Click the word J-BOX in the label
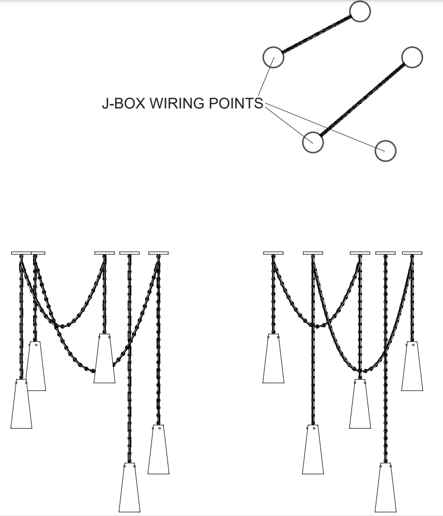tap(124, 103)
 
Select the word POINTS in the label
tap(236, 103)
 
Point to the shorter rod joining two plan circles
tap(316, 35)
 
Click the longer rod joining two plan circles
tap(363, 100)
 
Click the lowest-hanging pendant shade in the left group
tap(129, 488)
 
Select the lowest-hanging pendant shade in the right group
tap(385, 488)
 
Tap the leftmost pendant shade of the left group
tap(21, 404)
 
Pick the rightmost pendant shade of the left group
tap(158, 449)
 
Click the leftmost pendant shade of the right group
tap(273, 358)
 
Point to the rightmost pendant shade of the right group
tap(412, 366)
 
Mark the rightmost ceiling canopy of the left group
tap(158, 253)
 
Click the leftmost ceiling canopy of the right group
tap(273, 253)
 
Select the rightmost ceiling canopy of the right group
tap(412, 253)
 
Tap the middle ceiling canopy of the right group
tap(360, 253)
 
